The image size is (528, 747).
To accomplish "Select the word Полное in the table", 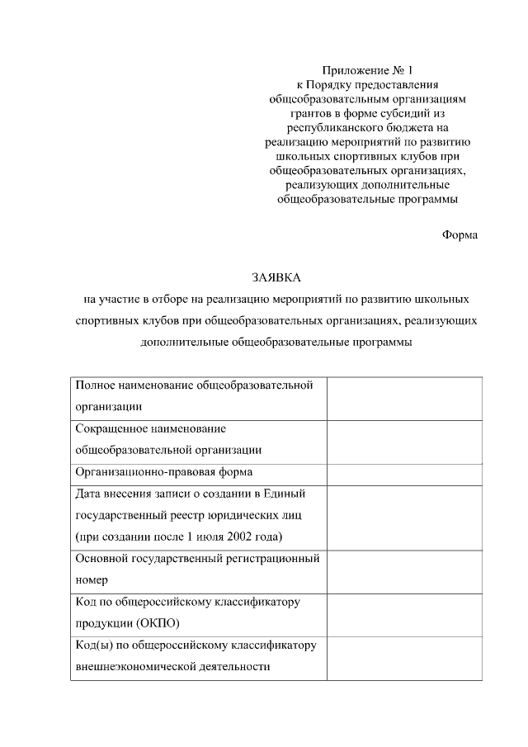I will click(94, 385).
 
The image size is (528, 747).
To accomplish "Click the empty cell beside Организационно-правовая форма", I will click(403, 473).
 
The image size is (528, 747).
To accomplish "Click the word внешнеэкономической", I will click(135, 665).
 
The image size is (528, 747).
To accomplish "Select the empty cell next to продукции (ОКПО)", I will click(403, 612).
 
